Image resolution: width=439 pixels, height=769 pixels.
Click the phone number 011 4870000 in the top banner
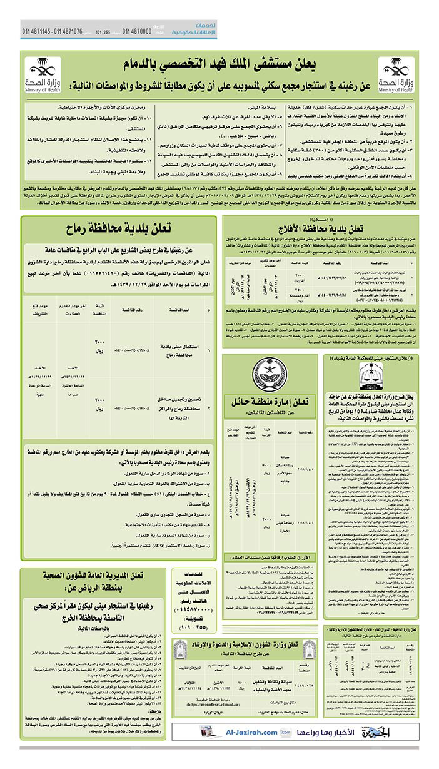click(x=136, y=31)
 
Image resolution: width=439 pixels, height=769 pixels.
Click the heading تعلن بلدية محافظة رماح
click(x=119, y=230)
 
